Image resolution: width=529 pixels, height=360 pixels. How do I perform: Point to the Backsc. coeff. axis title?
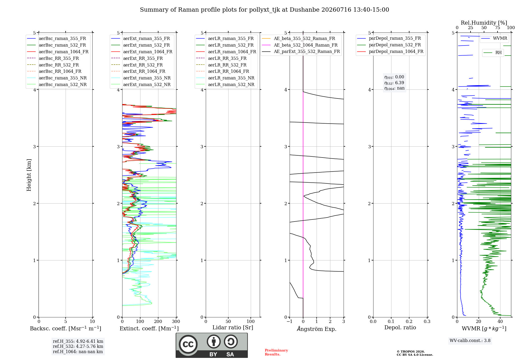66,328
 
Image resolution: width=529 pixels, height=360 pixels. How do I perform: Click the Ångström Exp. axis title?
317,329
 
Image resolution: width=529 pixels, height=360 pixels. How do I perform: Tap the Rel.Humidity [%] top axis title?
484,23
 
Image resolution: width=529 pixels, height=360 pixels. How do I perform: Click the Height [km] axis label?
29,175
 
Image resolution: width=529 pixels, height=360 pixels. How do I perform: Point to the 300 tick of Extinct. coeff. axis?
176,322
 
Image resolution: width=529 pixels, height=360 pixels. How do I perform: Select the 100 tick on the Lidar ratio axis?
251,322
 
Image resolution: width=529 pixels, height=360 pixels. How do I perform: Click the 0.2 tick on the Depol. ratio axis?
409,322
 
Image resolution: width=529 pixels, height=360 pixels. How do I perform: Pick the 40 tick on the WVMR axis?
500,322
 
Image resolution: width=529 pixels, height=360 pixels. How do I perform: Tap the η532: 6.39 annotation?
394,83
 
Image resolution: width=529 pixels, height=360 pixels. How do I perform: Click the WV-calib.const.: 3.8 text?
470,341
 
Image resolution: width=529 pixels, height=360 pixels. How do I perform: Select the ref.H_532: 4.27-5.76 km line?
78,346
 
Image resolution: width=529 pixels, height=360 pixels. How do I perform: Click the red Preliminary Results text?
276,352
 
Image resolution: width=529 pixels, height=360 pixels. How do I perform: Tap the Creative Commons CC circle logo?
188,344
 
